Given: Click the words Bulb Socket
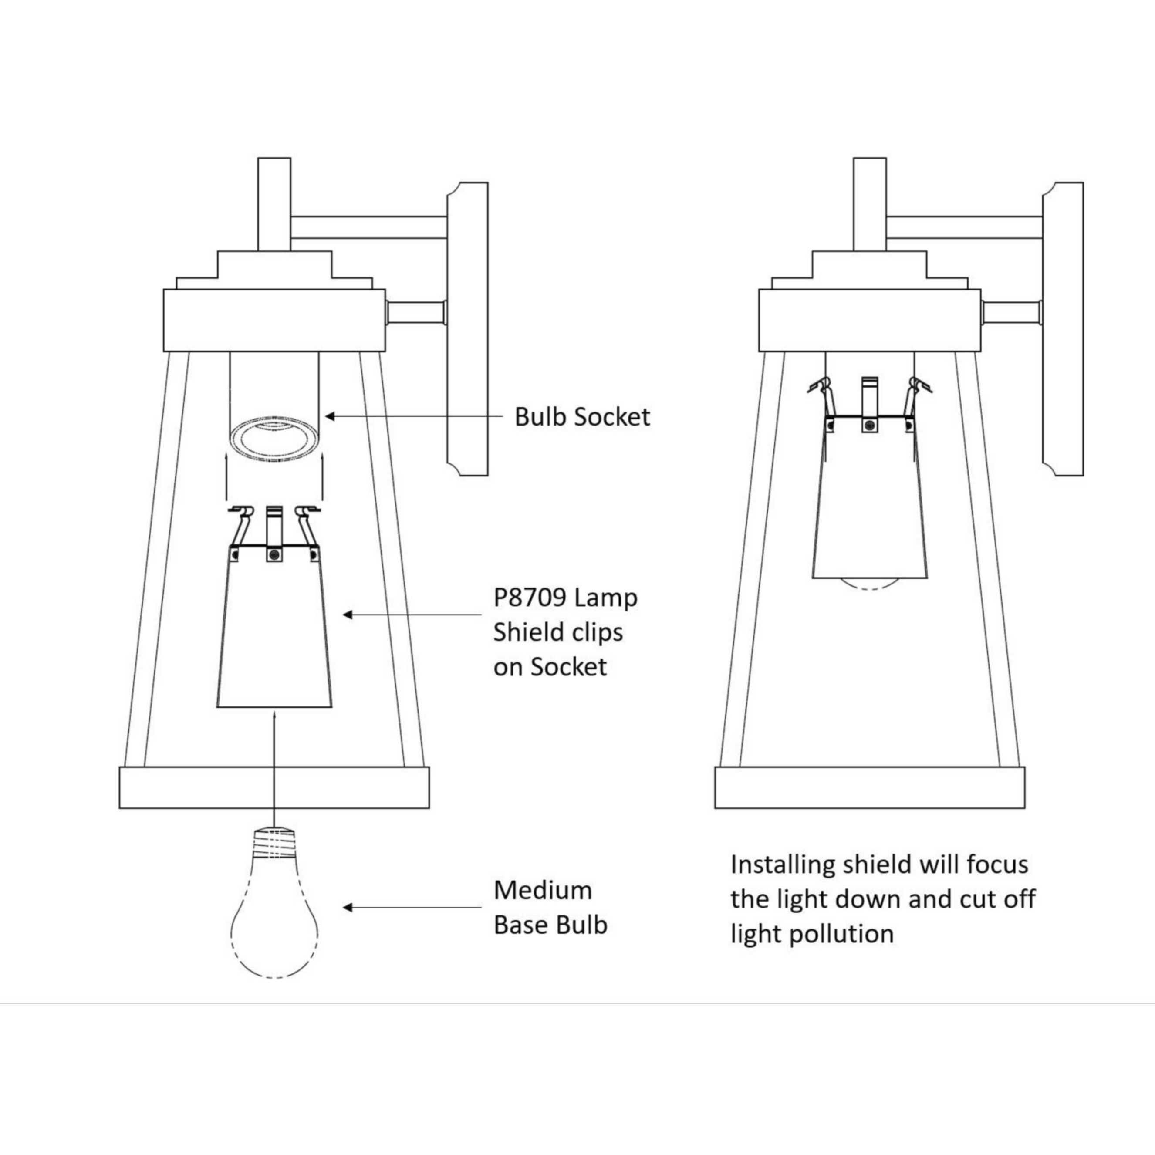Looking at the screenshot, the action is coord(582,417).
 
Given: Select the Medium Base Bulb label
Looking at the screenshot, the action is coord(550,908).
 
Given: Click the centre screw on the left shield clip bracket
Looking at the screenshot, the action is coord(274,555).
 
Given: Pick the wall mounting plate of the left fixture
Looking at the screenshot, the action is coord(467,329).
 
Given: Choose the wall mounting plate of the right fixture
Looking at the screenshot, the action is coord(1063,329).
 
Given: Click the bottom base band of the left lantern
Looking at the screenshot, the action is coord(274,787).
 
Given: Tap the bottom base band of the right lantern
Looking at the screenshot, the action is coord(870,787).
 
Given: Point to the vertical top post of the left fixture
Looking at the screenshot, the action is coord(274,204).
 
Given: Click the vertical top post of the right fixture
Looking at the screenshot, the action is coord(870,204).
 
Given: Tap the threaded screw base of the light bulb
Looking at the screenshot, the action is coord(274,842).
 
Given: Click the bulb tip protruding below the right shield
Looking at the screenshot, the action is coord(871,584).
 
